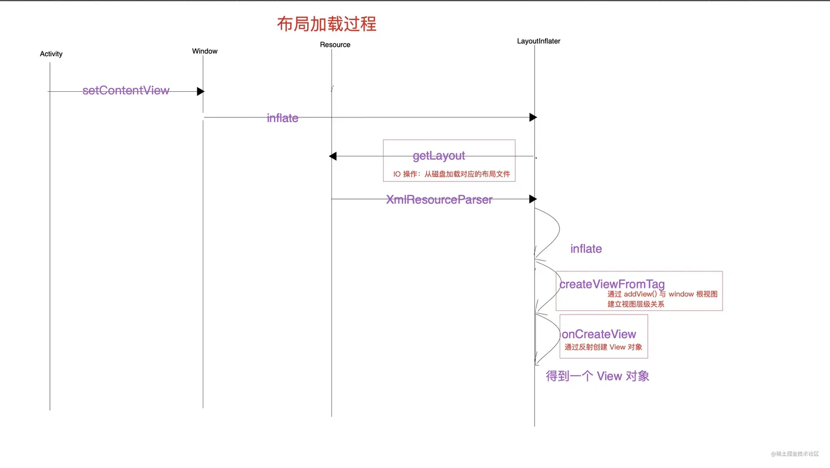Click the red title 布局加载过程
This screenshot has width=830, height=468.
click(x=327, y=24)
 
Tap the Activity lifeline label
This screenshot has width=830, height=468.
click(x=51, y=54)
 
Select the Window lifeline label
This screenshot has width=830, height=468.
click(x=205, y=51)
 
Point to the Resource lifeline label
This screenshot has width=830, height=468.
click(x=335, y=44)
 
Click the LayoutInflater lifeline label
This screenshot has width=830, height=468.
click(x=538, y=41)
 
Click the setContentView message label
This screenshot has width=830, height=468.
click(x=126, y=91)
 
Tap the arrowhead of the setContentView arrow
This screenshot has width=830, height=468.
click(x=200, y=91)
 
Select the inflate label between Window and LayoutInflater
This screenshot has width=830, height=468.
click(x=282, y=118)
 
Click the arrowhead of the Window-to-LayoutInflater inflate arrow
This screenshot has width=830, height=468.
click(x=533, y=117)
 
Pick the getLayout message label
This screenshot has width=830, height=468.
click(x=439, y=156)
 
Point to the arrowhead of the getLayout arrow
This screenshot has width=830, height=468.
click(x=333, y=156)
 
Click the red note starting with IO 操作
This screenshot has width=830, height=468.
click(x=451, y=174)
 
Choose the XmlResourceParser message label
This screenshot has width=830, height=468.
click(x=439, y=200)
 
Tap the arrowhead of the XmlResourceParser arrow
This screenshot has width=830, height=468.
click(x=533, y=199)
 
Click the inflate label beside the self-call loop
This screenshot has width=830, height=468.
click(x=586, y=249)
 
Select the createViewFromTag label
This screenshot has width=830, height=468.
click(x=612, y=284)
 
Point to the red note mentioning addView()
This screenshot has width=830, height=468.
click(x=662, y=299)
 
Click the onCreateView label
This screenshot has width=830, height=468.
click(x=599, y=334)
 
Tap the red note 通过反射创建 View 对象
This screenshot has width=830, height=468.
click(x=603, y=347)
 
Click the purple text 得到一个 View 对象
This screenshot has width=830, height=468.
click(x=597, y=376)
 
